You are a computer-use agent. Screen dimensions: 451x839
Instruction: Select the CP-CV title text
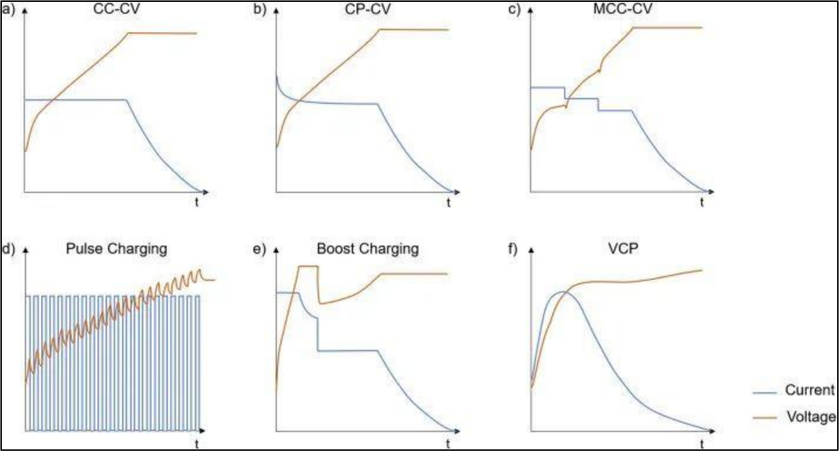point(363,10)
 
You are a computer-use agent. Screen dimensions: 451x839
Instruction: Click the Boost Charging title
point(367,249)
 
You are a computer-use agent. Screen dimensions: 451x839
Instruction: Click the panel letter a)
point(7,10)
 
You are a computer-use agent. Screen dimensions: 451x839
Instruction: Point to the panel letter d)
point(7,249)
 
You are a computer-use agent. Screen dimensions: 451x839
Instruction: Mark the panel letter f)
point(514,249)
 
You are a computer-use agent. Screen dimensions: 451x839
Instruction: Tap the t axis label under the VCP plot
point(702,443)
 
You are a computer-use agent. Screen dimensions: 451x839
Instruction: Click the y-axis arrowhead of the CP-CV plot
point(276,12)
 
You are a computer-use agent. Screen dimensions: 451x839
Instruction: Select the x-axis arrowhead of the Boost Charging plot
point(457,431)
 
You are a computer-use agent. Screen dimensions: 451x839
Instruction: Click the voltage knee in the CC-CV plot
point(128,33)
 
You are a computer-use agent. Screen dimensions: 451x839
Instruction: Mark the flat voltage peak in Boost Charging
point(307,267)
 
